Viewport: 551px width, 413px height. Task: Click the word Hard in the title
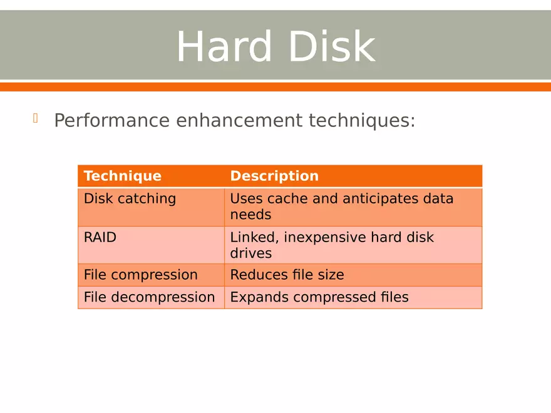pyautogui.click(x=224, y=47)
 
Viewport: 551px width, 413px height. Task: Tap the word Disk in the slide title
pyautogui.click(x=332, y=47)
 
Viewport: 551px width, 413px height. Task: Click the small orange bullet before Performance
pyautogui.click(x=36, y=118)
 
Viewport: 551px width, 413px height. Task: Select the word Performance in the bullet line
pyautogui.click(x=112, y=120)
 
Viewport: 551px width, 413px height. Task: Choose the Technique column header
pyautogui.click(x=123, y=176)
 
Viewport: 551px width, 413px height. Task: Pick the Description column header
pyautogui.click(x=274, y=176)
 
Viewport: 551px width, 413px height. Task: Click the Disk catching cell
pyautogui.click(x=130, y=199)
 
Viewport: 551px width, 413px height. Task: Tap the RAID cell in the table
pyautogui.click(x=100, y=238)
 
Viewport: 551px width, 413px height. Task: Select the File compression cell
pyautogui.click(x=141, y=275)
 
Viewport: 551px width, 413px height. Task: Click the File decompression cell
pyautogui.click(x=149, y=297)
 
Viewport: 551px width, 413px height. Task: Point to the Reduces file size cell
pyautogui.click(x=287, y=275)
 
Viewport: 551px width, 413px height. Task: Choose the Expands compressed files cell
pyautogui.click(x=319, y=297)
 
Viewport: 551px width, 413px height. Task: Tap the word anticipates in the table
pyautogui.click(x=366, y=199)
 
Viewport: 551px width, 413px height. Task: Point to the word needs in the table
pyautogui.click(x=250, y=215)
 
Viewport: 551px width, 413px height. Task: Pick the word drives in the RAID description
pyautogui.click(x=250, y=253)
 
